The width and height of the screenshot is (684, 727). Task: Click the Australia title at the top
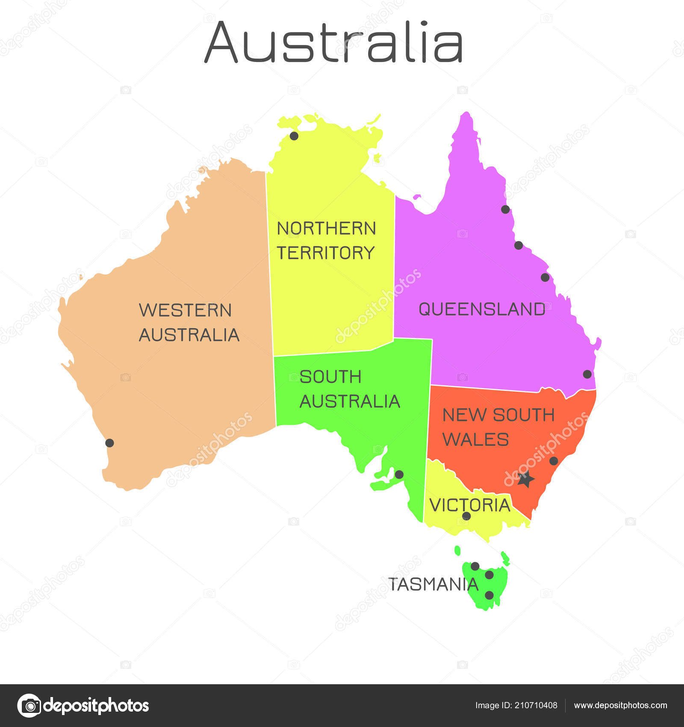pos(333,42)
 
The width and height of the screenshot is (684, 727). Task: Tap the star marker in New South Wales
pos(526,479)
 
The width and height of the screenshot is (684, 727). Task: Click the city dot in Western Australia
pos(109,443)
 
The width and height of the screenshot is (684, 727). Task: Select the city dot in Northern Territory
pos(294,136)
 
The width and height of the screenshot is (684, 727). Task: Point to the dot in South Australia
pos(399,474)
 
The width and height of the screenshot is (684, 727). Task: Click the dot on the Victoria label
pos(466,516)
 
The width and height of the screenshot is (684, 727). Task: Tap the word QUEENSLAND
pos(482,309)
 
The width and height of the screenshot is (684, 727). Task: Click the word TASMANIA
pos(433,584)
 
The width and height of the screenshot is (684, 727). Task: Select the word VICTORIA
pos(470,505)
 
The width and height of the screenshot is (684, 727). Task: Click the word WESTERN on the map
pos(185,310)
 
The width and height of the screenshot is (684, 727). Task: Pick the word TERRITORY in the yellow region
pos(326,253)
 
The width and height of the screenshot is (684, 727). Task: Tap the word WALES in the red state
pos(475,440)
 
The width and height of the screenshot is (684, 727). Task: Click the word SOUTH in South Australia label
pos(330,377)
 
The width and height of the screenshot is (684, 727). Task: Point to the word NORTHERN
pos(327,228)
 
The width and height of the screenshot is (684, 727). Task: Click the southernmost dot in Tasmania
pos(489,595)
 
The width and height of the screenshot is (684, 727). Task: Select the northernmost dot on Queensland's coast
pos(505,209)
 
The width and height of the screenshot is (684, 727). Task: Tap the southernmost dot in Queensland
pos(587,374)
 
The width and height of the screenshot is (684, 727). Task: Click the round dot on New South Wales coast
pos(554,461)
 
